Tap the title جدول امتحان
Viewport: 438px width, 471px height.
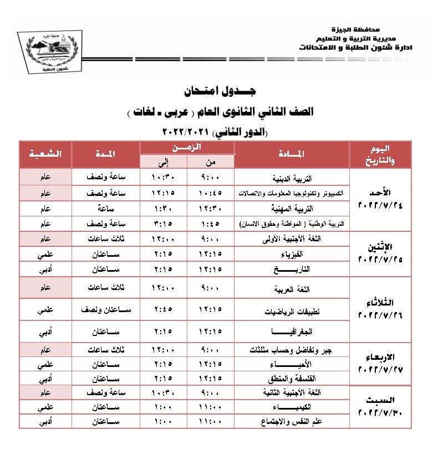coord(218,91)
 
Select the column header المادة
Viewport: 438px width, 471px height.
coord(292,154)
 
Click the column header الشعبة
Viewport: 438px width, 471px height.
coord(46,154)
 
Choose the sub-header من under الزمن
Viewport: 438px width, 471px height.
coord(211,162)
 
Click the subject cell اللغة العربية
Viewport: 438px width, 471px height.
coord(292,289)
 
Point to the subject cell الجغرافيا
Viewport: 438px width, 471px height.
coord(292,333)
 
